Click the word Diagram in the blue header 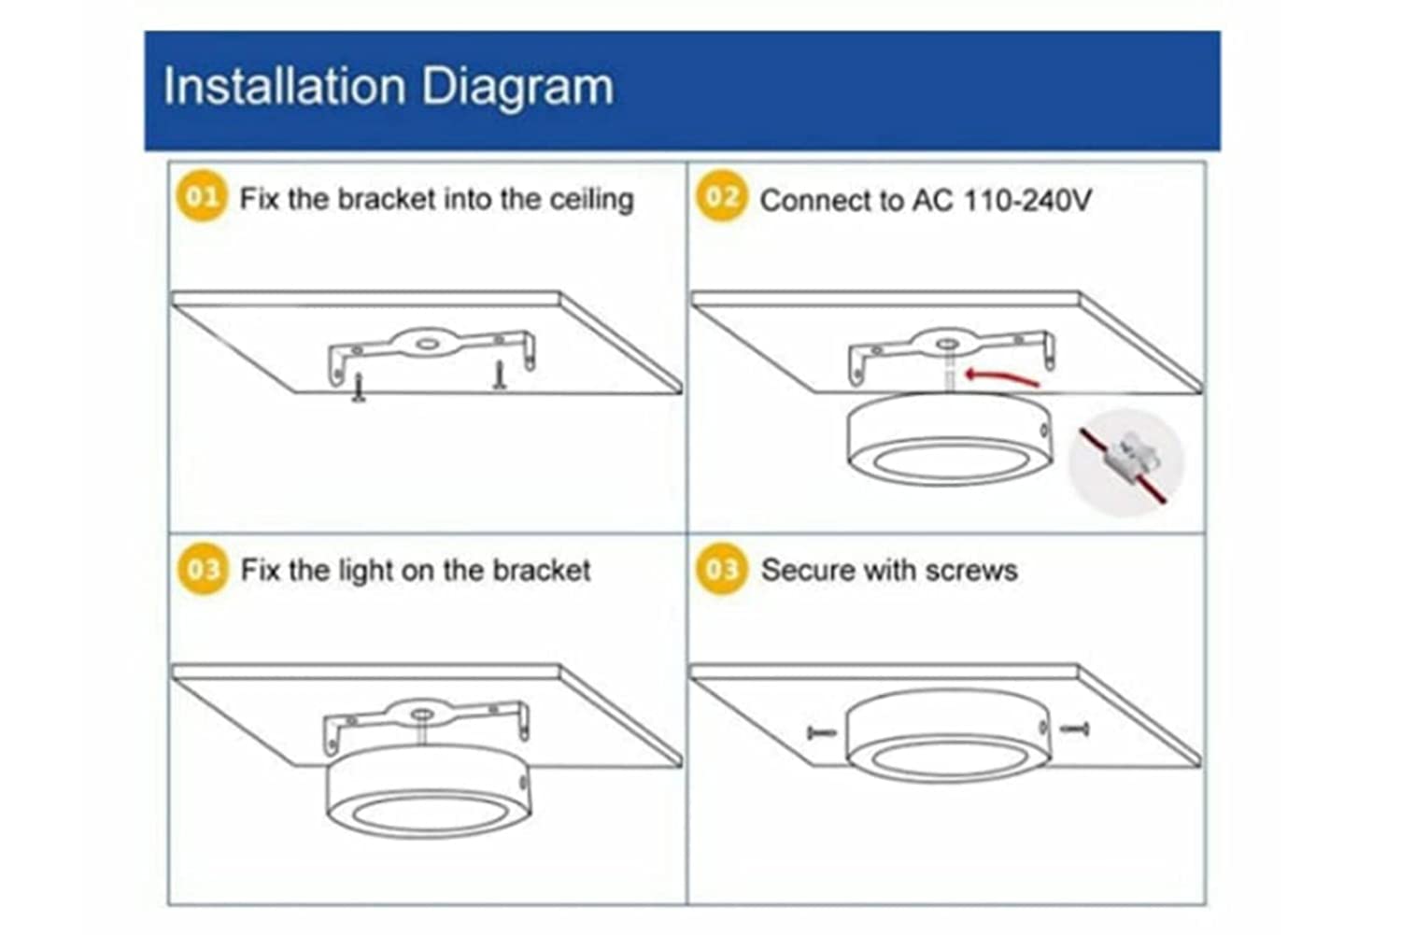(517, 88)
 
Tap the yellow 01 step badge (202, 196)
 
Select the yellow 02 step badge (721, 196)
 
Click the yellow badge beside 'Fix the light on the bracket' (202, 569)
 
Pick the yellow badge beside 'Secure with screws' (721, 569)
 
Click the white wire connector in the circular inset (1126, 460)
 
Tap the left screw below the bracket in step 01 (359, 387)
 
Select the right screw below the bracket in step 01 (499, 375)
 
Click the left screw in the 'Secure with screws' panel (821, 732)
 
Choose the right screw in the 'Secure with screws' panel (1075, 729)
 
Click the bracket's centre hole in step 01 (427, 344)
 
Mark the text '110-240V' (1027, 200)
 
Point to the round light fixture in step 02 (950, 438)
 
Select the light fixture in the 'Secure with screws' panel (948, 735)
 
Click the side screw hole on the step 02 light (1044, 431)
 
